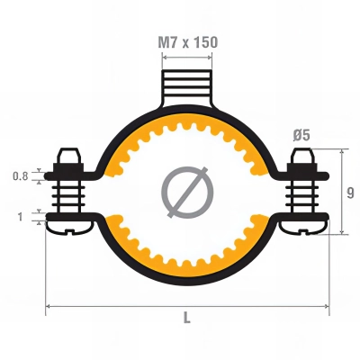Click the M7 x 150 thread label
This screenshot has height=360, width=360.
(188, 42)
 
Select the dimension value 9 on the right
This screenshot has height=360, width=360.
(350, 192)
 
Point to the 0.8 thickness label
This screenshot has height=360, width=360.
(20, 176)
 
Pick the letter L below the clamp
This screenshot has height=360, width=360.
(187, 318)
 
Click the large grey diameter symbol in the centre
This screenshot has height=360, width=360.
(188, 192)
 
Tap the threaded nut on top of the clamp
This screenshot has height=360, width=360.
(188, 90)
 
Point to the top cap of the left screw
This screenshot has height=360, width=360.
(66, 156)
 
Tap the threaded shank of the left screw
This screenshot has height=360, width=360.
(66, 195)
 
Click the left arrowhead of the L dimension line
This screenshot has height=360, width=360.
(49, 308)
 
